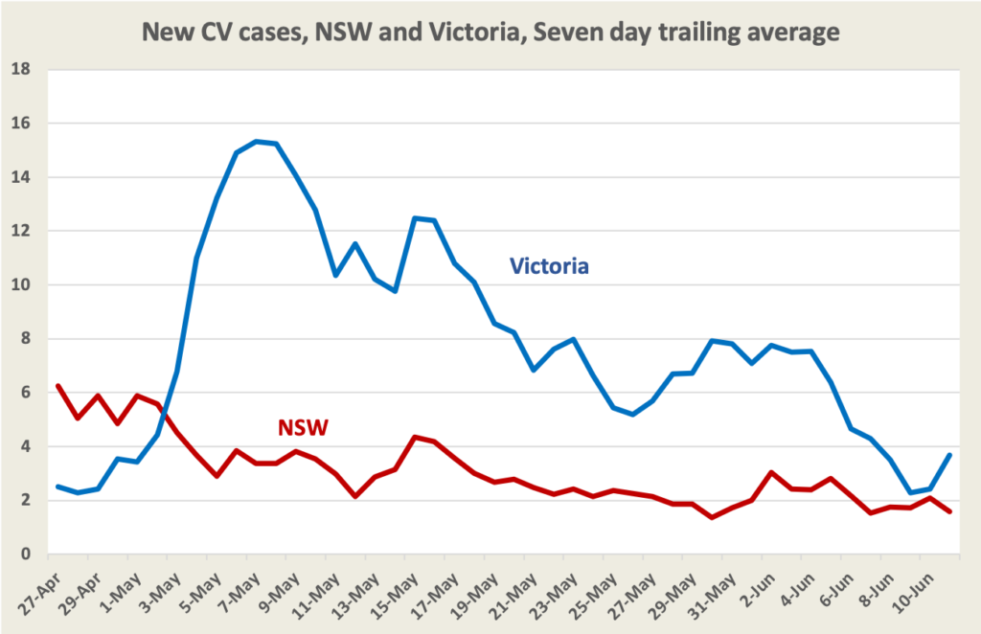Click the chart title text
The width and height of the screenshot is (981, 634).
click(490, 33)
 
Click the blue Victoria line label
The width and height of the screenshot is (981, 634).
click(548, 265)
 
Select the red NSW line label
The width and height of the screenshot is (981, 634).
click(303, 427)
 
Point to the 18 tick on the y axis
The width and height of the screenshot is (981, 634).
click(21, 70)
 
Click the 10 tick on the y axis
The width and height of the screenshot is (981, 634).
click(21, 285)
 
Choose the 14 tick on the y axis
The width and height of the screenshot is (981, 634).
click(21, 177)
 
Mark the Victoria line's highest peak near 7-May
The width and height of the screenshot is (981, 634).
click(257, 141)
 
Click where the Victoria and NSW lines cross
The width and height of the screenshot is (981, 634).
click(166, 415)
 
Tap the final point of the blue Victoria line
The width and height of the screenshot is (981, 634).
click(949, 455)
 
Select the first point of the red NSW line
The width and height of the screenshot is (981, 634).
click(58, 386)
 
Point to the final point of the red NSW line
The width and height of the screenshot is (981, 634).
click(949, 511)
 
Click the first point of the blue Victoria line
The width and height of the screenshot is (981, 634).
click(58, 487)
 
